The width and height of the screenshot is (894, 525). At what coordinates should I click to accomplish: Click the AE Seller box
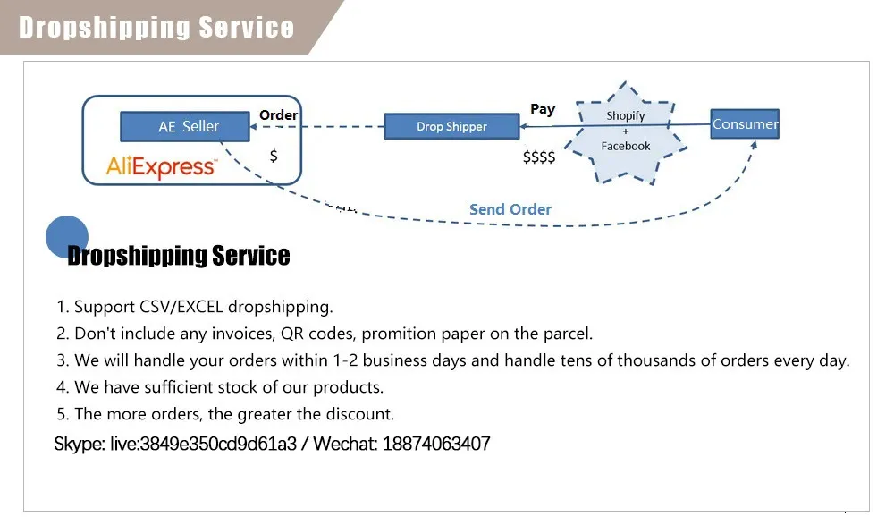coord(185,126)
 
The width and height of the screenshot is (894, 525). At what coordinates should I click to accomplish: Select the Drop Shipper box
coord(451,126)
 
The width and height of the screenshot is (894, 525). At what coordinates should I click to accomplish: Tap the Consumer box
coord(745,123)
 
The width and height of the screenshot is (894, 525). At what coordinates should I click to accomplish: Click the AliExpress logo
coord(161,166)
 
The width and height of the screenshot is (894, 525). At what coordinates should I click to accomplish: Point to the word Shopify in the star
coord(626,116)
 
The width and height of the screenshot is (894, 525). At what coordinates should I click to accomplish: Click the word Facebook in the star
coord(626,146)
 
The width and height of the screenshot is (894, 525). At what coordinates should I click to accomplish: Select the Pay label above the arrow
coord(543,109)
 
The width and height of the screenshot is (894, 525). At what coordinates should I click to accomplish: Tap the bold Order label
coord(278,114)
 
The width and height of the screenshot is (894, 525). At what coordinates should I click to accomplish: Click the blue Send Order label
coord(510,209)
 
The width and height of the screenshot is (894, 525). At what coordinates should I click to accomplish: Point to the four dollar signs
coord(539,157)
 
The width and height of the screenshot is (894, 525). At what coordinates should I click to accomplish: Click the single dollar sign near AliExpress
coord(274,156)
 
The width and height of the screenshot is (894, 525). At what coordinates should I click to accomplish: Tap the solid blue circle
coord(67,237)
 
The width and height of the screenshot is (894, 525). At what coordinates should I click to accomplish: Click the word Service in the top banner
coord(247,28)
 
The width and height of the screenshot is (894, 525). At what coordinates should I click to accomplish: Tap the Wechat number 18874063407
coord(436,444)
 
